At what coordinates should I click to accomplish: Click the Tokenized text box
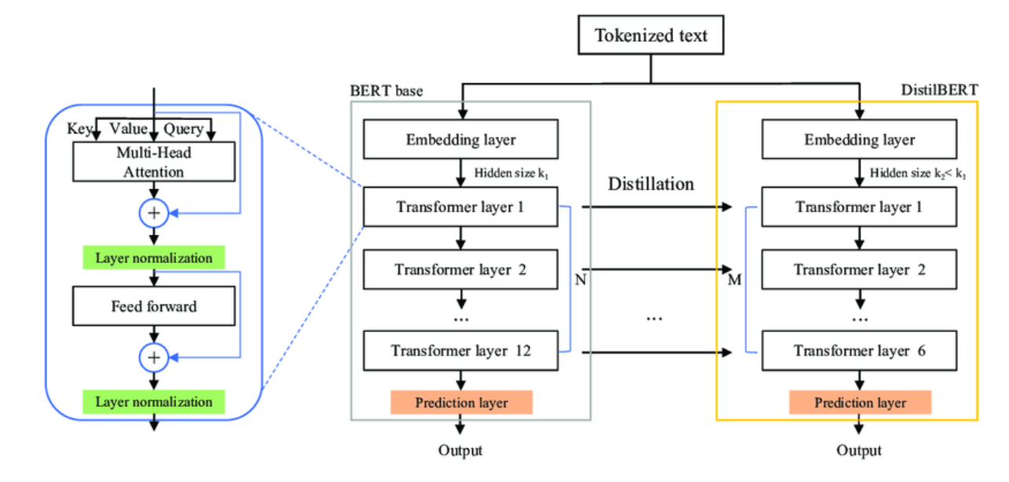coord(651,35)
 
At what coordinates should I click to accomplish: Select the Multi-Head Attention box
coord(155,162)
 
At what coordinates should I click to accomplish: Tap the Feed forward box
coord(154,306)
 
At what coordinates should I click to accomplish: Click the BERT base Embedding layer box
coord(461,140)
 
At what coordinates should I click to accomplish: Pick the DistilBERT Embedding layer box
coord(860,140)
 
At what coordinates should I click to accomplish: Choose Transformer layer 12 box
coord(461,351)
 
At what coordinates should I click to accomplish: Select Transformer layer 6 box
coord(860,351)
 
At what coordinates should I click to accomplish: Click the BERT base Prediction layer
coord(461,403)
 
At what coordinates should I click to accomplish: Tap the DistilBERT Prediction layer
coord(860,403)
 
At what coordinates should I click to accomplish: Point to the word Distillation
coord(651,184)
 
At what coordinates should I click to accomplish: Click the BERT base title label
coord(387,91)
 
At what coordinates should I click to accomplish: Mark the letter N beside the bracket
coord(581,279)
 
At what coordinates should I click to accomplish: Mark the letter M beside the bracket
coord(735,280)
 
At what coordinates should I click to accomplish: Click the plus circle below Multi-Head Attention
coord(154,213)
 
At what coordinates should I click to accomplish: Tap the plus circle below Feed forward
coord(154,358)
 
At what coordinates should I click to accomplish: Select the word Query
coord(183,129)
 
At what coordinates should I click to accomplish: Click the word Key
coord(79,129)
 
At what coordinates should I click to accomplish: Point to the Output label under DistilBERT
coord(859,451)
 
